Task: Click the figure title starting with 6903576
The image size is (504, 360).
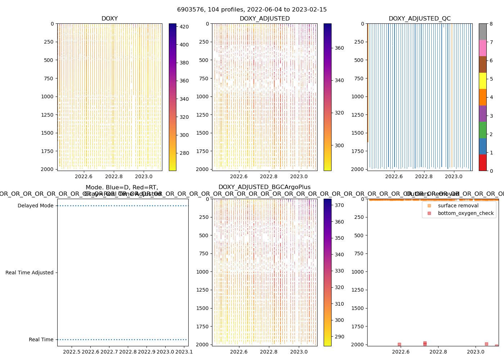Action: (x=252, y=10)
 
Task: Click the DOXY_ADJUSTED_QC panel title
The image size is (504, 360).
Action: (x=419, y=19)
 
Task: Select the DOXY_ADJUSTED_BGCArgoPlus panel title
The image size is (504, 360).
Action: (x=264, y=187)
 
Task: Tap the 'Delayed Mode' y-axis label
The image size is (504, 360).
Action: (x=35, y=206)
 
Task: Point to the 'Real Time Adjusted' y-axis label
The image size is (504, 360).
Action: (x=30, y=273)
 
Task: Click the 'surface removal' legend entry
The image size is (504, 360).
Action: (x=458, y=206)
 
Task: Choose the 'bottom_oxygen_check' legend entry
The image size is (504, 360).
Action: (x=465, y=213)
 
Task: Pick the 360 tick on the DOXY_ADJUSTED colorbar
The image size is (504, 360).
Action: (x=339, y=48)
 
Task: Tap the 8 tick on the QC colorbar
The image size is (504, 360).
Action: (x=491, y=24)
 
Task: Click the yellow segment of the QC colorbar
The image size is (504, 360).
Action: (x=482, y=81)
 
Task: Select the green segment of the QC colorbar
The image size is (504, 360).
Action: (x=482, y=130)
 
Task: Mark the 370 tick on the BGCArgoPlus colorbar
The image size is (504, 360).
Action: (x=339, y=206)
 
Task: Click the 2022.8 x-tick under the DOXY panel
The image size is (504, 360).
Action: (x=114, y=176)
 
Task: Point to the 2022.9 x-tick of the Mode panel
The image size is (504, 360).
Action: (x=147, y=352)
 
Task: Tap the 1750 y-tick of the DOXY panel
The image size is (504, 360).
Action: (x=47, y=151)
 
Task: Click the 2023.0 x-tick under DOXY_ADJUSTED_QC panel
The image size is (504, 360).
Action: (x=454, y=176)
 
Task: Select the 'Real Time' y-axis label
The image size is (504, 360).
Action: (x=41, y=340)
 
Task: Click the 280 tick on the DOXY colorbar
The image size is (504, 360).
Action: (x=184, y=153)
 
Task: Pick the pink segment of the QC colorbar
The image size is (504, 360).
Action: (x=482, y=48)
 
